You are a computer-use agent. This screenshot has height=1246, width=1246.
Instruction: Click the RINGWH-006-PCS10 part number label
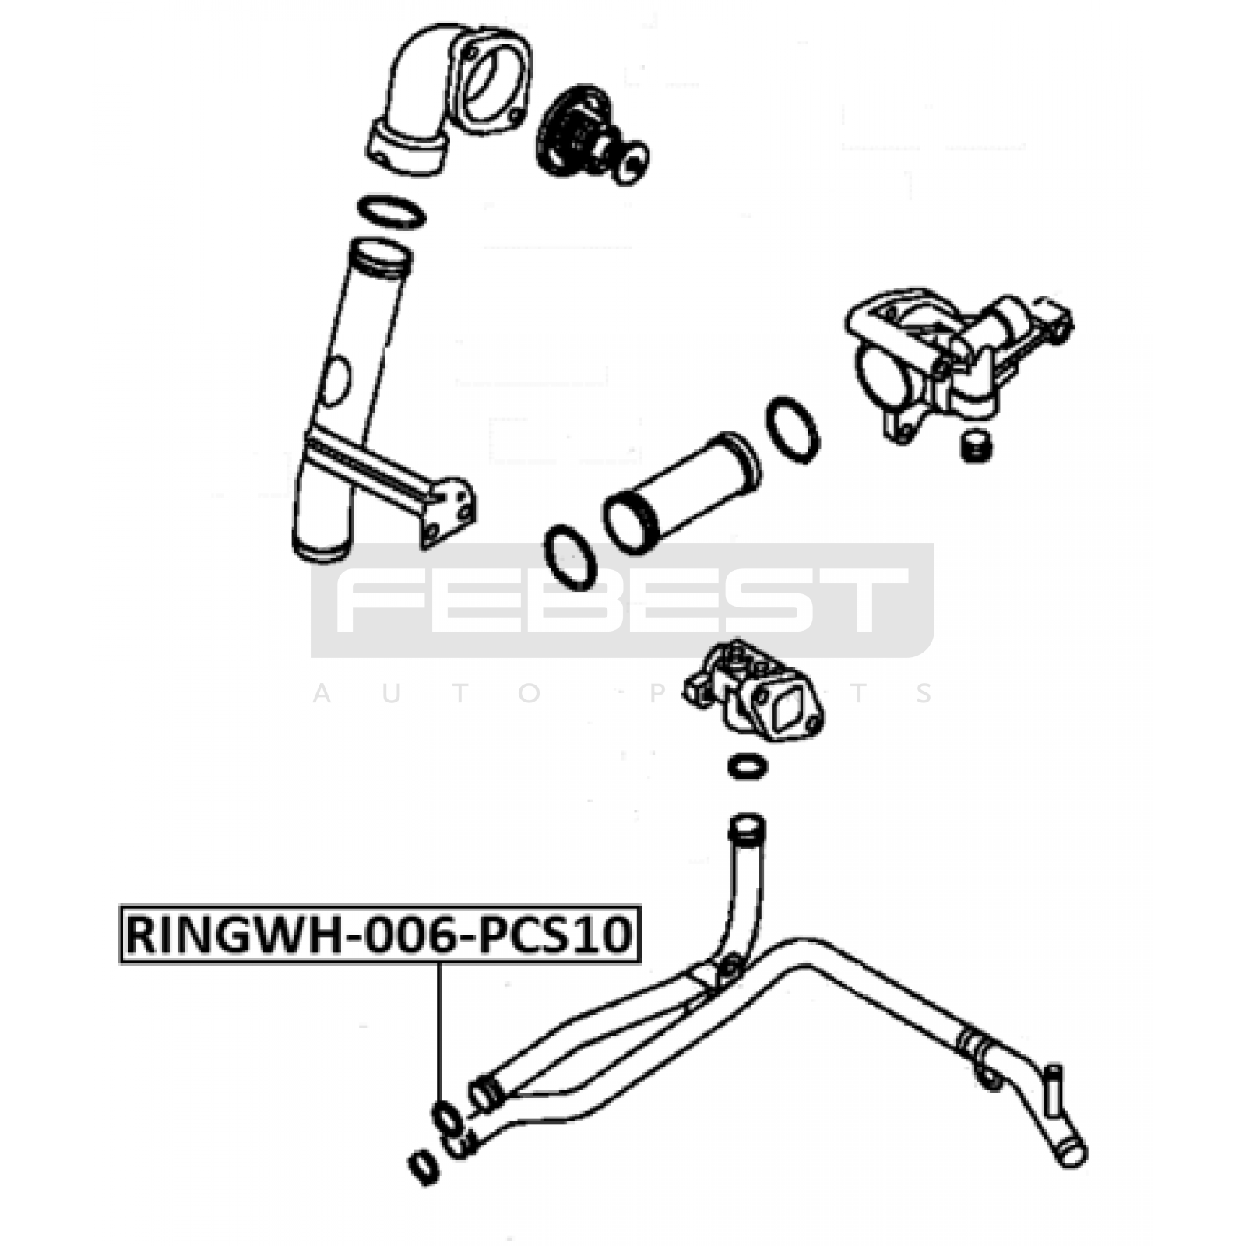pyautogui.click(x=380, y=934)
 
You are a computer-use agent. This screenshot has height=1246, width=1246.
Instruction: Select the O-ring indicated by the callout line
pyautogui.click(x=448, y=1119)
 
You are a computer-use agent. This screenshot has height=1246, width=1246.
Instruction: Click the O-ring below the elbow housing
pyautogui.click(x=392, y=212)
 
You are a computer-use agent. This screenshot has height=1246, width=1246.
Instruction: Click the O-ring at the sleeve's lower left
pyautogui.click(x=570, y=557)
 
